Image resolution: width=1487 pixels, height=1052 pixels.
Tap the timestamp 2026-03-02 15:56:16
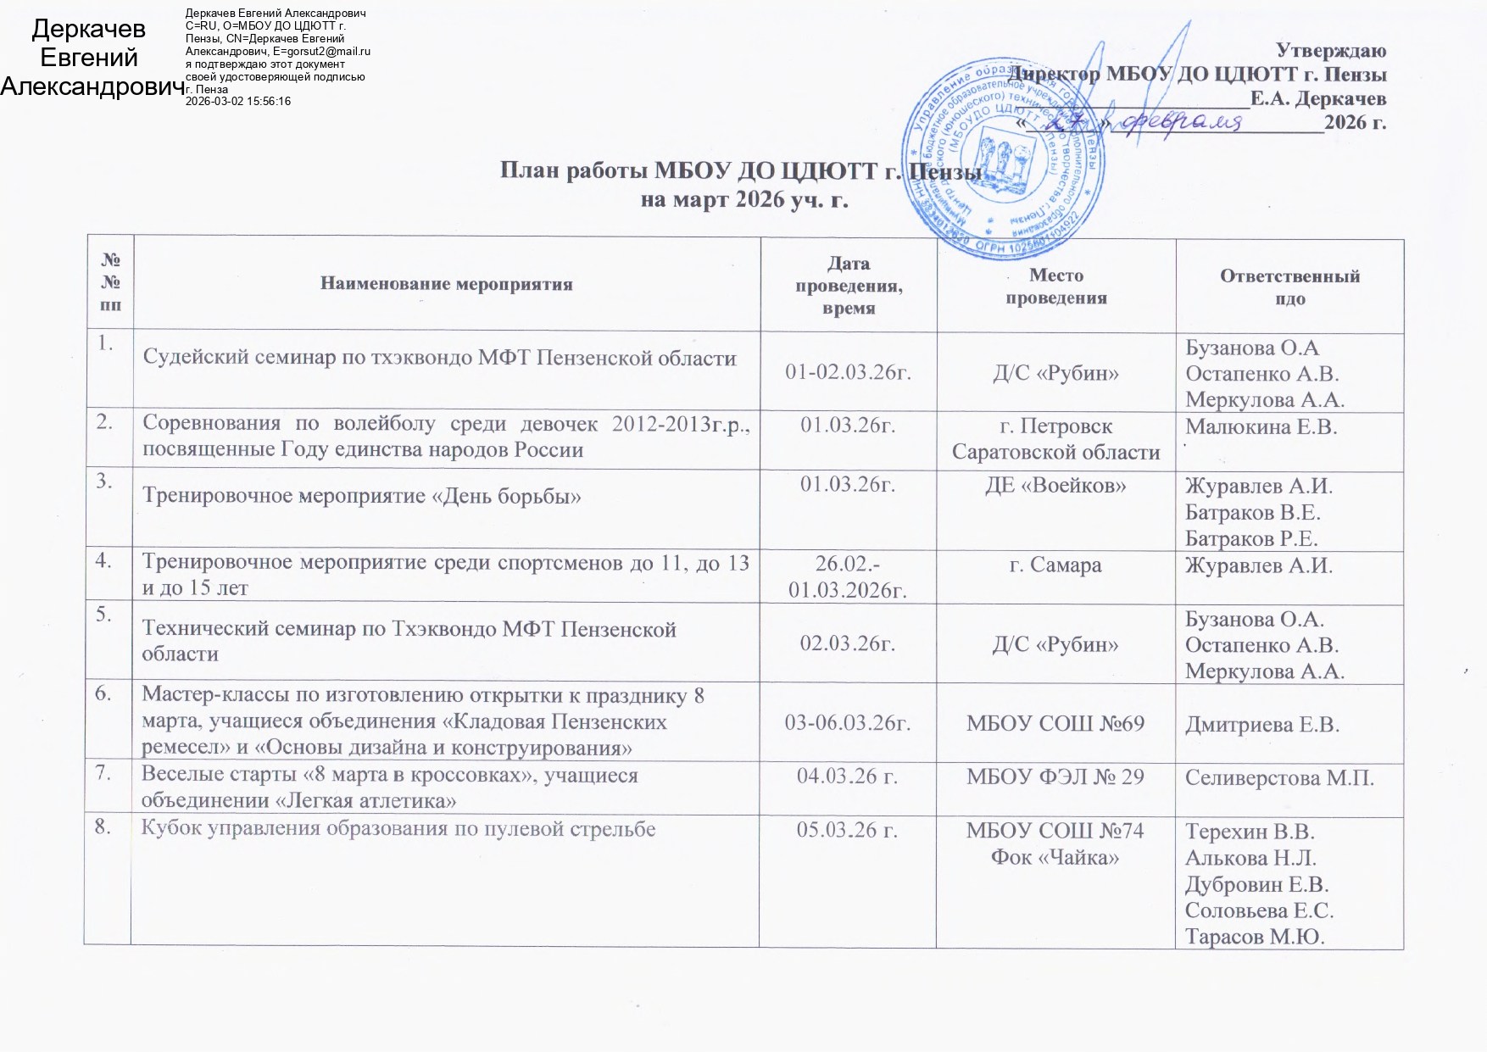(x=238, y=101)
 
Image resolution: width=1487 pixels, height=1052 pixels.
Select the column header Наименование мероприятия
(x=446, y=285)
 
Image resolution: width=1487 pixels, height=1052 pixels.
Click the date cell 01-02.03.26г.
(x=848, y=373)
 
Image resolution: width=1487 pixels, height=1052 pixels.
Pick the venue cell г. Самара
(x=1055, y=565)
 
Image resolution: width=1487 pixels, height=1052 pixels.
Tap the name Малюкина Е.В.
(x=1261, y=427)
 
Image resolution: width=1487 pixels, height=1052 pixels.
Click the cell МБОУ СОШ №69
(x=1055, y=724)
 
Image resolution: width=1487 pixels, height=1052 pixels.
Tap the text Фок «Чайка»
(x=1055, y=857)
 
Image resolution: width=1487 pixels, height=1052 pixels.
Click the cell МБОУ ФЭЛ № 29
(x=1055, y=776)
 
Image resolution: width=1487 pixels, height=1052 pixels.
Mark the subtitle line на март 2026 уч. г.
(x=743, y=202)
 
